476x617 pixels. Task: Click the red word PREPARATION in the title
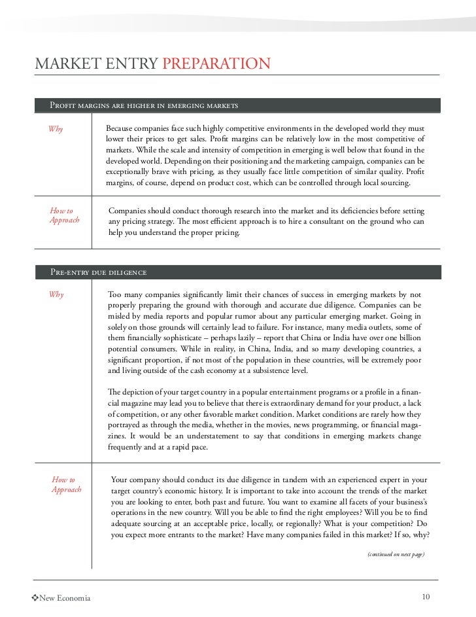216,64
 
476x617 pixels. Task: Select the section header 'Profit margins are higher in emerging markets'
143,105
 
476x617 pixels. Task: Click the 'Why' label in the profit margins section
55,129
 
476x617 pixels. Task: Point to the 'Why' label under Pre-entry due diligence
56,295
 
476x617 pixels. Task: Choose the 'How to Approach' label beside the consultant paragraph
64,216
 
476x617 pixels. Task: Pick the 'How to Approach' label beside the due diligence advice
66,485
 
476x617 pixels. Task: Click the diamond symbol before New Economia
35,598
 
